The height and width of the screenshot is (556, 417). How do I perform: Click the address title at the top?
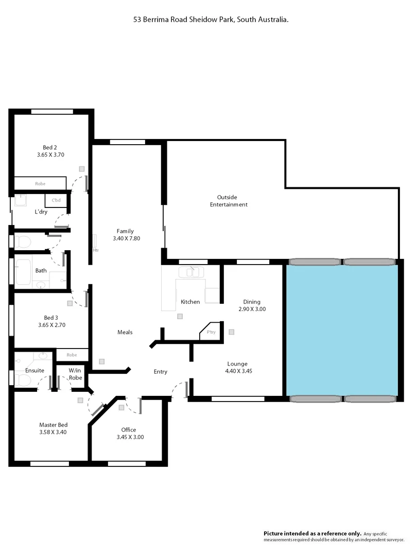tap(208, 19)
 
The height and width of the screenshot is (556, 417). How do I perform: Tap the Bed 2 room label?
tap(50, 147)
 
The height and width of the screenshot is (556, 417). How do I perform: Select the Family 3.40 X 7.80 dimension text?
tap(125, 238)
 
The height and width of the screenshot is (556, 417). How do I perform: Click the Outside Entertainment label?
tap(229, 201)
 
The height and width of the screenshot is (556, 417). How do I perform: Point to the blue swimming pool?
tap(342, 329)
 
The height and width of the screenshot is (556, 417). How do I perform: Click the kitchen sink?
tap(191, 272)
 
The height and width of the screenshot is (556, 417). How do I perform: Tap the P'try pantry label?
tap(211, 332)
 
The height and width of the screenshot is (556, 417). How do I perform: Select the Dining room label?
tap(252, 302)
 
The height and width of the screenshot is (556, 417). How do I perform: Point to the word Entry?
tap(160, 372)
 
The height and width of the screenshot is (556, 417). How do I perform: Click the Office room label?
tap(128, 430)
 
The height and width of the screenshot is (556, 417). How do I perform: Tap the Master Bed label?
tap(53, 425)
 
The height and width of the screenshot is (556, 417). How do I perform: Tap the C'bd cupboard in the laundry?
tap(56, 200)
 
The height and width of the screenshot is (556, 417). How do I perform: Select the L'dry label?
tap(41, 212)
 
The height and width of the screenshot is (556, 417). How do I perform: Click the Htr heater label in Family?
tap(96, 250)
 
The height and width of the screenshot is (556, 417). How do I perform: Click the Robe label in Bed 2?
tap(40, 183)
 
